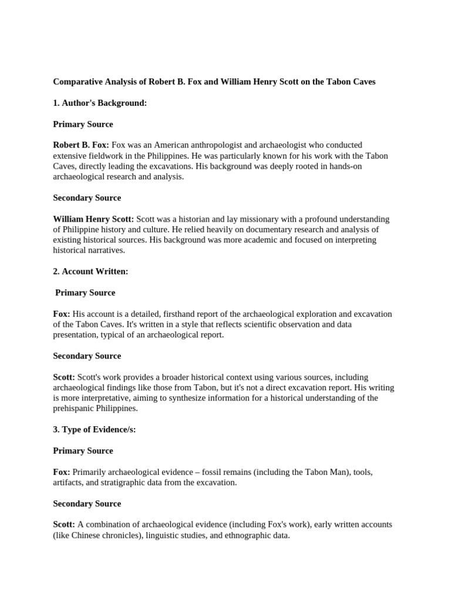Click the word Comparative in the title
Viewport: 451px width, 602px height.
point(78,82)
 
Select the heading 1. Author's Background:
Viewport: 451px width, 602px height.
point(100,103)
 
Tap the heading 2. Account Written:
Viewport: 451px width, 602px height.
point(90,272)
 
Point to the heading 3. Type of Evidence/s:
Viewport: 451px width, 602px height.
point(95,430)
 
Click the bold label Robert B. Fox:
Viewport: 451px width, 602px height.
point(81,145)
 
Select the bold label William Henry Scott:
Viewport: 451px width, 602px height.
point(93,219)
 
